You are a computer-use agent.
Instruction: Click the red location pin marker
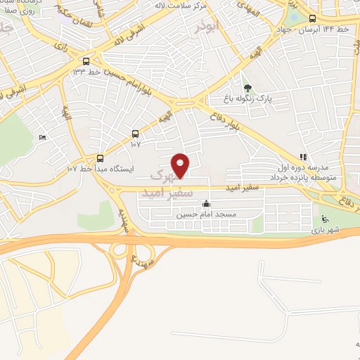click(181, 165)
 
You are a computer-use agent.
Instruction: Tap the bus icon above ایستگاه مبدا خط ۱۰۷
click(100, 158)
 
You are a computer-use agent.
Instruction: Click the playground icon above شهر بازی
click(324, 219)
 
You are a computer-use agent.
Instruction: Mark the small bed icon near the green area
click(44, 138)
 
